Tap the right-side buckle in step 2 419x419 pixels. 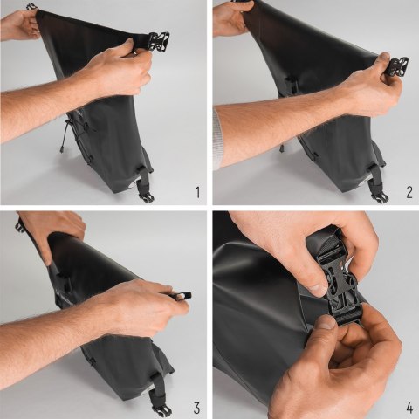397,66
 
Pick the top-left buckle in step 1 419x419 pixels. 31,7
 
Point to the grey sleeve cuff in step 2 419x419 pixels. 217,138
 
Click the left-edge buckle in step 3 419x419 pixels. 19,225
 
